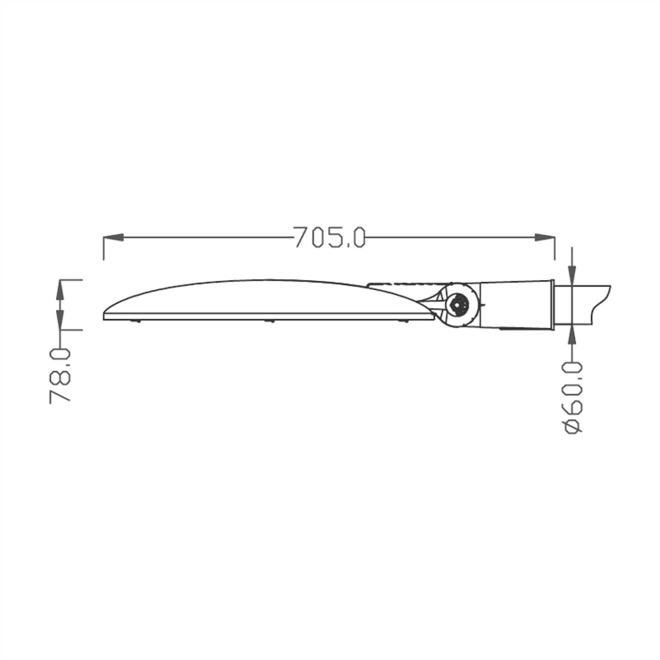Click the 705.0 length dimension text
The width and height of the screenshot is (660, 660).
(x=329, y=238)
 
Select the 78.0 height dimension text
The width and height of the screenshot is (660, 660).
(x=61, y=374)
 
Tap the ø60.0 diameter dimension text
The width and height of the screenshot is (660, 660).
(x=573, y=395)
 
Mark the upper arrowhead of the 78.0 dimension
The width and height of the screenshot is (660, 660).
(x=61, y=288)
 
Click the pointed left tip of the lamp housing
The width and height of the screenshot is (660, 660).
(x=106, y=315)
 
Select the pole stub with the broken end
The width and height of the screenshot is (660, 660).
(x=583, y=304)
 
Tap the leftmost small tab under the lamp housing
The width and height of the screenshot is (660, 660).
(x=137, y=321)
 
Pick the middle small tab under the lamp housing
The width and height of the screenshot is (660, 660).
(x=269, y=321)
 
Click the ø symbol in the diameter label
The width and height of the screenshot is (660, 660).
(x=573, y=425)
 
